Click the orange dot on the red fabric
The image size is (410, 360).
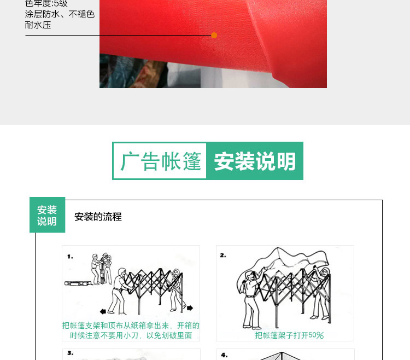coord(214,36)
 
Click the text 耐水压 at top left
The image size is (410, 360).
coord(38,25)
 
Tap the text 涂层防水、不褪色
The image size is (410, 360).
coord(60,14)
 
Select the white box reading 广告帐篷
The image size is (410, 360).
coord(160,161)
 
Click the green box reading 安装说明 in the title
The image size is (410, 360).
coord(255,161)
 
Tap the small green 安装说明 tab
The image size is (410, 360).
coord(47,216)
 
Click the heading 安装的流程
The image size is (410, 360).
coord(98,217)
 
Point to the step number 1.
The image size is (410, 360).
coord(70,256)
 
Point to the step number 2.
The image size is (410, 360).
coord(223,255)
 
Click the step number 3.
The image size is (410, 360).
coord(70,353)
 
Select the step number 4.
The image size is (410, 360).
coord(224,354)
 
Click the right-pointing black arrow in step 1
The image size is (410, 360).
coord(190,308)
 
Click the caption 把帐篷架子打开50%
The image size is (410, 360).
coord(289,335)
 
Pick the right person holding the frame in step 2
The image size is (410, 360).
coord(324,290)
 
